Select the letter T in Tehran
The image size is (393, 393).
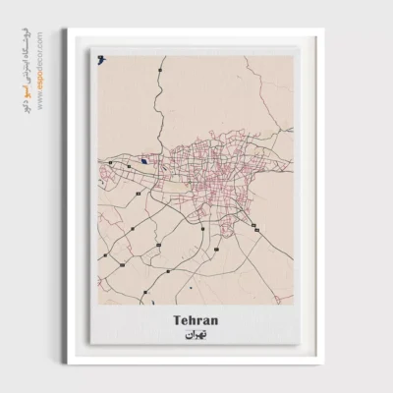click(x=176, y=318)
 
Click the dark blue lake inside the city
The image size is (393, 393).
click(x=144, y=161)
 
